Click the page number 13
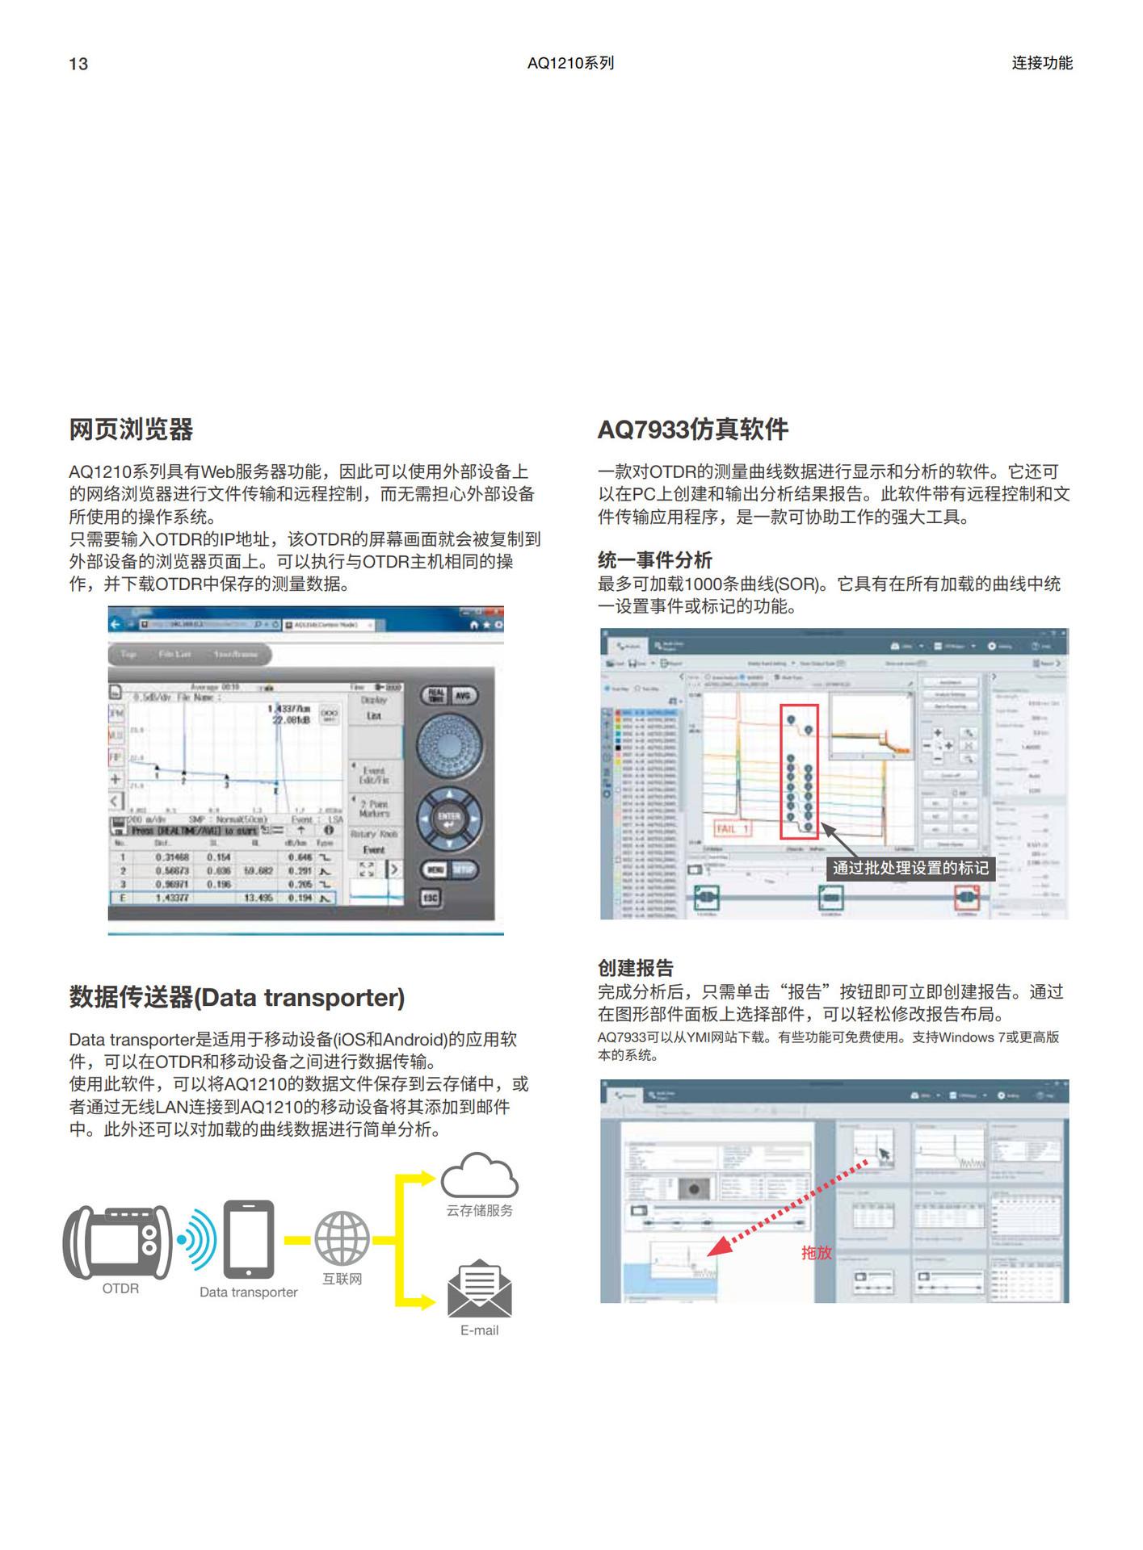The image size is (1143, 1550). point(78,64)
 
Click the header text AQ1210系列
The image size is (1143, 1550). point(570,63)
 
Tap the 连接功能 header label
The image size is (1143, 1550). point(1041,63)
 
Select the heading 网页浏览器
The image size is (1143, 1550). point(131,429)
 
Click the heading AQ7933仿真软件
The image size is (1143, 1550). point(692,429)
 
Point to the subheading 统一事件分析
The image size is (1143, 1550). point(654,560)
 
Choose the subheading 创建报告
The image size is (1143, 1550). point(635,968)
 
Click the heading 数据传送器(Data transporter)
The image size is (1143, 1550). point(237,998)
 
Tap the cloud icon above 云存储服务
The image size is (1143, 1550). point(479,1175)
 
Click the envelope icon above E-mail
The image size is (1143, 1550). point(479,1288)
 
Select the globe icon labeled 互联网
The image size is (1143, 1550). point(342,1238)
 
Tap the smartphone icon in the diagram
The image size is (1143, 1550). point(249,1238)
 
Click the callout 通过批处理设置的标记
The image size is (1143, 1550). point(910,868)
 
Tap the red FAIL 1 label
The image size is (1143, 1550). point(733,829)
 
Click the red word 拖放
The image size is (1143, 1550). point(816,1252)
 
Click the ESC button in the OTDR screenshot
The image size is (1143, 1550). point(431,898)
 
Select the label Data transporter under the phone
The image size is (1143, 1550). point(249,1292)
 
